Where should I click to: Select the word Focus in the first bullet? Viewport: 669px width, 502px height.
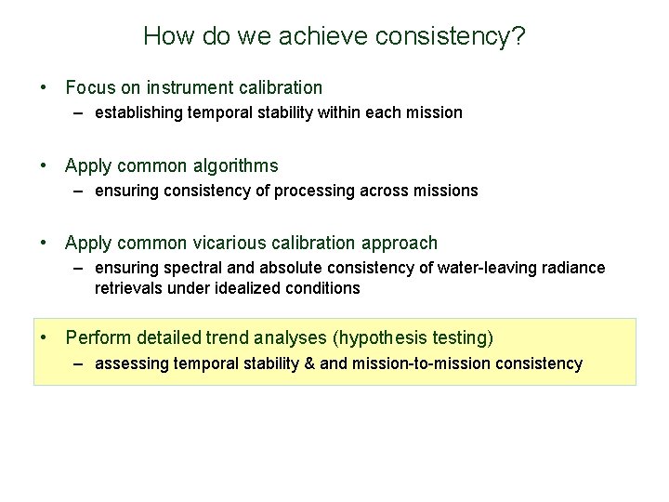click(89, 88)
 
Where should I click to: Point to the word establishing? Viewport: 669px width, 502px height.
click(145, 112)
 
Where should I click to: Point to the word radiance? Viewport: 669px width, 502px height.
click(571, 268)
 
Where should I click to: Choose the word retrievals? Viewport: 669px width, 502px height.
click(128, 288)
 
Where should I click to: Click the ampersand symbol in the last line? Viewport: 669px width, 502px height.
click(308, 363)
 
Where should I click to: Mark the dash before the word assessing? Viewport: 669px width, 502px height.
click(81, 363)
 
